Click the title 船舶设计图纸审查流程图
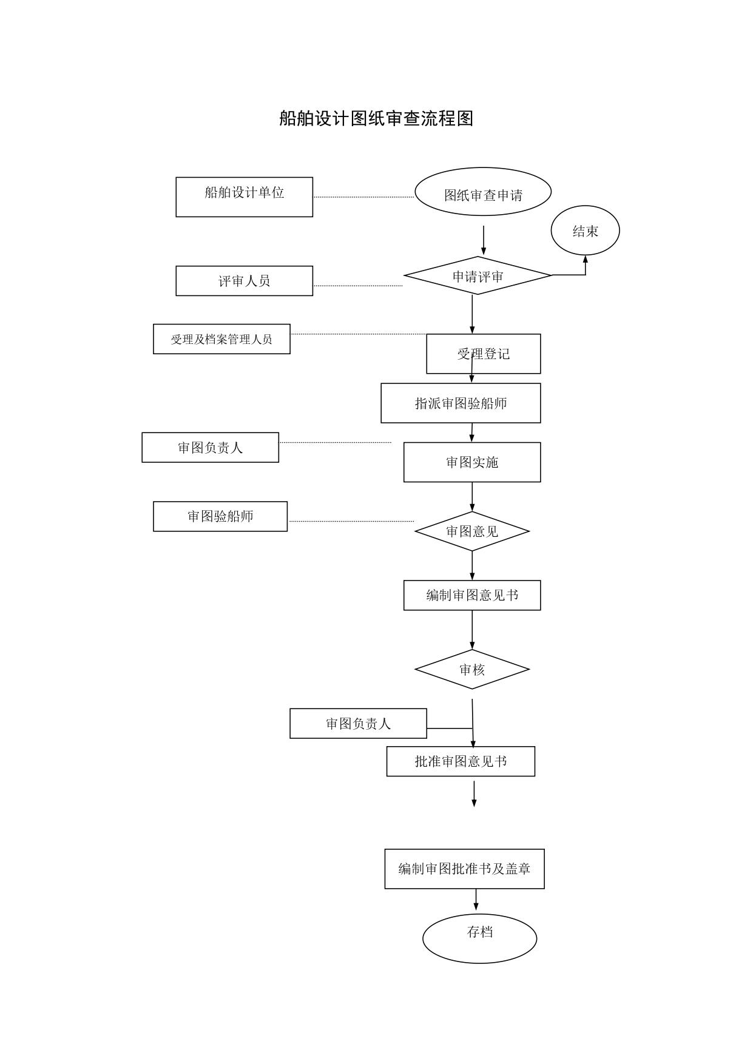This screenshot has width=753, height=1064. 376,118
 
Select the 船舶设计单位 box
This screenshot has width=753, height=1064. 244,197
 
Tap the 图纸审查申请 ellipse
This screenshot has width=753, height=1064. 483,192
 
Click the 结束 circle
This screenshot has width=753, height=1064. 585,231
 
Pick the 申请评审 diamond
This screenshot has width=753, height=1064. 478,276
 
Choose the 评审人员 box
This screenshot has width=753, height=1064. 244,281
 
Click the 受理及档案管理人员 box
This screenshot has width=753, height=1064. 221,339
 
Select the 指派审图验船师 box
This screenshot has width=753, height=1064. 461,403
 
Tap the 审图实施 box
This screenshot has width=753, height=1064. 472,462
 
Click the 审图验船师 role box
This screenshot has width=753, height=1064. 220,516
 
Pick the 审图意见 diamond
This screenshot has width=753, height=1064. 472,531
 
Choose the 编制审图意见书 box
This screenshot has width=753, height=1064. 472,595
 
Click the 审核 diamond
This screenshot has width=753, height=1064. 472,670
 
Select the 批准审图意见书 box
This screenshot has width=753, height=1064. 461,761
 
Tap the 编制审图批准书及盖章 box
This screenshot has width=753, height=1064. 464,869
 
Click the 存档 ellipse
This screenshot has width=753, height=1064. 479,938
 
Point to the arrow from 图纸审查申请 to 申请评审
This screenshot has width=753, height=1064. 484,240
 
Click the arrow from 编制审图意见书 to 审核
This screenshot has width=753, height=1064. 472,630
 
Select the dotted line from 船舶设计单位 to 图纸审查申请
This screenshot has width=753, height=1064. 363,197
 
